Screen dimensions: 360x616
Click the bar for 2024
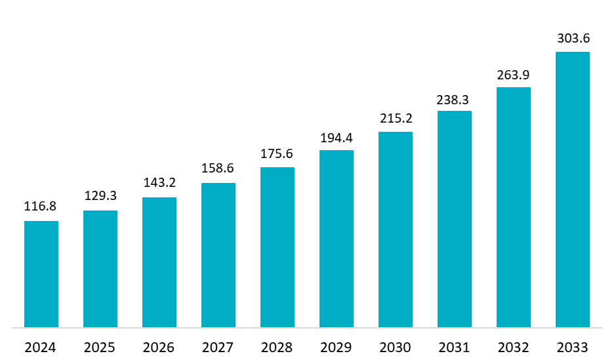[x=41, y=274]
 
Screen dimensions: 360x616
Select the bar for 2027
[x=218, y=255]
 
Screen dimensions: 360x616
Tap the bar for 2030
[x=396, y=230]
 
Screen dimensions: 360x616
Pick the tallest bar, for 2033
[x=573, y=190]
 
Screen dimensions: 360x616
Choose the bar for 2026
[x=159, y=262]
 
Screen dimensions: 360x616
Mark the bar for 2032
[x=514, y=207]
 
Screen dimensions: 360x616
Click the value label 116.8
[x=41, y=207]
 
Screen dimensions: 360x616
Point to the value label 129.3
[x=100, y=196]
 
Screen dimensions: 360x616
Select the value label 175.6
[x=277, y=153]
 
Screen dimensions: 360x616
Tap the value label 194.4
[x=337, y=138]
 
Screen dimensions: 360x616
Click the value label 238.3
[x=455, y=100]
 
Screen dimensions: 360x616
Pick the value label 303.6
[x=573, y=39]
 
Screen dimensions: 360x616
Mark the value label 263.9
[x=514, y=75]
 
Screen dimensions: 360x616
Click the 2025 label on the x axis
[x=100, y=348]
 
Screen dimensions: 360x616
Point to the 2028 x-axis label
[x=277, y=348]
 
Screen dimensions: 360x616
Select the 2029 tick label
[x=337, y=348]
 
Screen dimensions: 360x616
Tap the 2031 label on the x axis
[x=455, y=348]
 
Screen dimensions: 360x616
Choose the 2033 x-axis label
[x=573, y=348]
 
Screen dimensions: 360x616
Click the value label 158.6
[x=218, y=169]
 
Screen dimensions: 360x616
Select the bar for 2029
[x=337, y=239]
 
